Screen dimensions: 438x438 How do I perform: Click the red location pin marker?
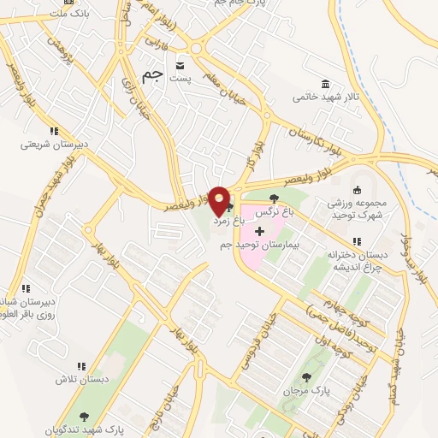tap(220, 202)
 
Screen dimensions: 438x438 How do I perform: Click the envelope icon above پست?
tap(181, 65)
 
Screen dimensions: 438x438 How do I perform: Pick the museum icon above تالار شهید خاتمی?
tap(324, 83)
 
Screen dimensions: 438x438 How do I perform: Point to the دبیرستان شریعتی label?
tap(52, 145)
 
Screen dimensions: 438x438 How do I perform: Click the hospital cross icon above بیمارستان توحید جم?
tap(260, 232)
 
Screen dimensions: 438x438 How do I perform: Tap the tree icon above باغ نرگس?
tap(274, 198)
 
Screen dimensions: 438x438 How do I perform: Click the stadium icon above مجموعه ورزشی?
tap(358, 190)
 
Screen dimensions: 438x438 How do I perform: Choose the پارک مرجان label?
tap(308, 390)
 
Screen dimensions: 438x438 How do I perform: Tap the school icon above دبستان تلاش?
tap(82, 366)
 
